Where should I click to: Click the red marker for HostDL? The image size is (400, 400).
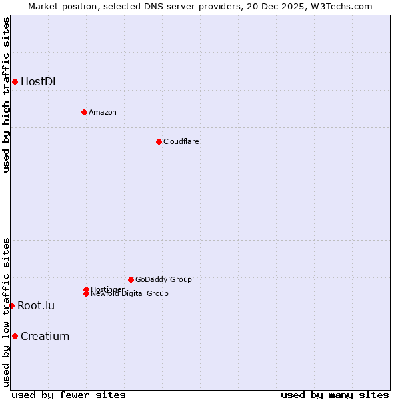15,81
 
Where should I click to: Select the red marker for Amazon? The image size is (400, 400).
84,112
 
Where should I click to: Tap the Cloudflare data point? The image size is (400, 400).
159,141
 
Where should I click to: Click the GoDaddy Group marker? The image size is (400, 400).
131,279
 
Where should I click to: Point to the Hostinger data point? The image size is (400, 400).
86,289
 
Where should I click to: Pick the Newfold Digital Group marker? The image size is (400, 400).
87,293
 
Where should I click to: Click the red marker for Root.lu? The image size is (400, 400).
11,305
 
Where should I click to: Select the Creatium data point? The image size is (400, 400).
15,336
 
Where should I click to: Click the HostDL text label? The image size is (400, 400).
39,82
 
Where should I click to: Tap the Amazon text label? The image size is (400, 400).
102,112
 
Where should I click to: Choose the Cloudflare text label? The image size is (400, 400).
181,141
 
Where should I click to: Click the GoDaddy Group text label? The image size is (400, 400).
163,279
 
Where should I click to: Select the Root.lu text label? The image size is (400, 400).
36,306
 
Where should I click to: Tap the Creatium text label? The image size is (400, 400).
45,337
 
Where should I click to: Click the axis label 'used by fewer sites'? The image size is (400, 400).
69,395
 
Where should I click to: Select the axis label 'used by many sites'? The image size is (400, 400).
335,395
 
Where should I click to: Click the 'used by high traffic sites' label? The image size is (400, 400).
6,95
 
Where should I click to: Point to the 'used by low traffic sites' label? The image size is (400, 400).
6,312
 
